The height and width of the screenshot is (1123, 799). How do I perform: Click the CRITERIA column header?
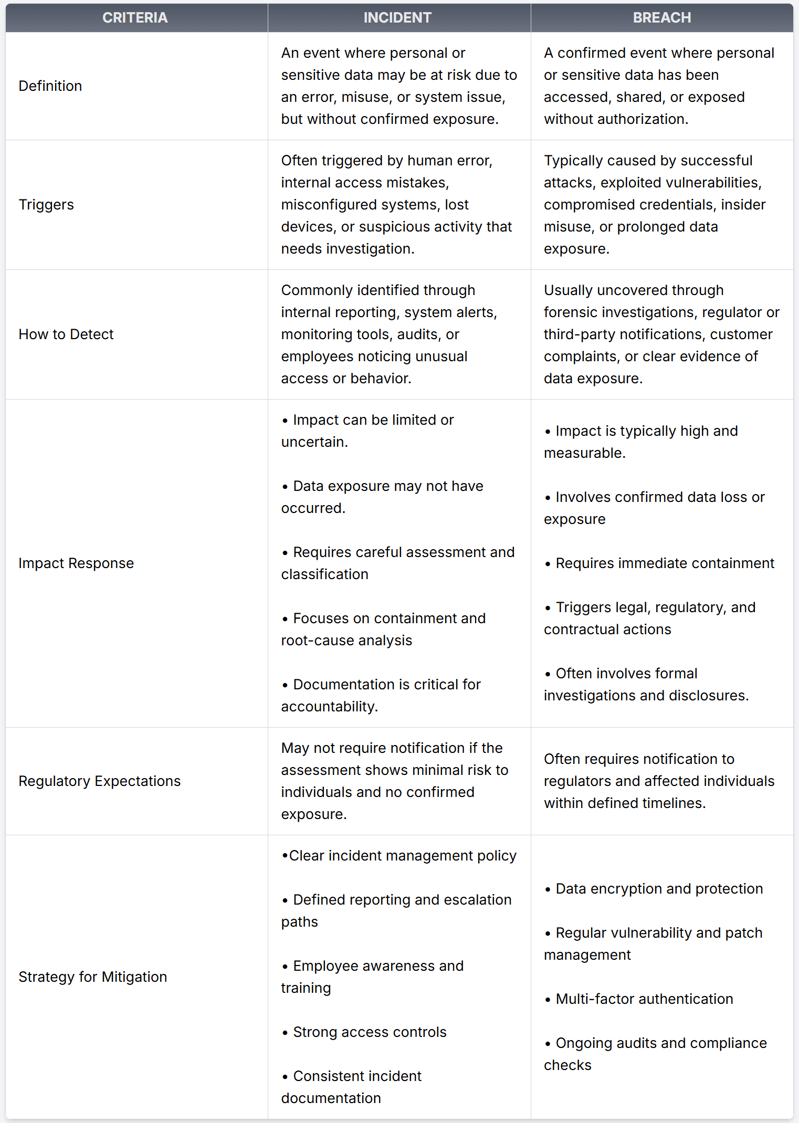(x=135, y=18)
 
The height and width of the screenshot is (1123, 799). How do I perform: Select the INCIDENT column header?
(x=397, y=18)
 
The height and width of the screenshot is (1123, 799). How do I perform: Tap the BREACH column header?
(x=661, y=18)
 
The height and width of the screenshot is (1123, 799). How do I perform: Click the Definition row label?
(x=50, y=86)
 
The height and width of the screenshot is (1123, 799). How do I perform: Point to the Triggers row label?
(x=46, y=205)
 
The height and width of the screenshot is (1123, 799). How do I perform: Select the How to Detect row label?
(x=66, y=334)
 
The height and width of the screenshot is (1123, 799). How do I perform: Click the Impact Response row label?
(x=76, y=563)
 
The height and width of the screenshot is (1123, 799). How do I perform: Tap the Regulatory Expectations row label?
(x=100, y=781)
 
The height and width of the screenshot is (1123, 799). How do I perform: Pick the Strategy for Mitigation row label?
(x=93, y=977)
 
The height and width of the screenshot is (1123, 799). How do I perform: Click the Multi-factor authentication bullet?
(x=644, y=999)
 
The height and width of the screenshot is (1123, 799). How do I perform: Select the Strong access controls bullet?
(x=370, y=1032)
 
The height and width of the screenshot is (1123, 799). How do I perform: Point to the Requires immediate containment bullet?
(x=665, y=563)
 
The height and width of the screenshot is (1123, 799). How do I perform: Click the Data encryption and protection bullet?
(x=659, y=889)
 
